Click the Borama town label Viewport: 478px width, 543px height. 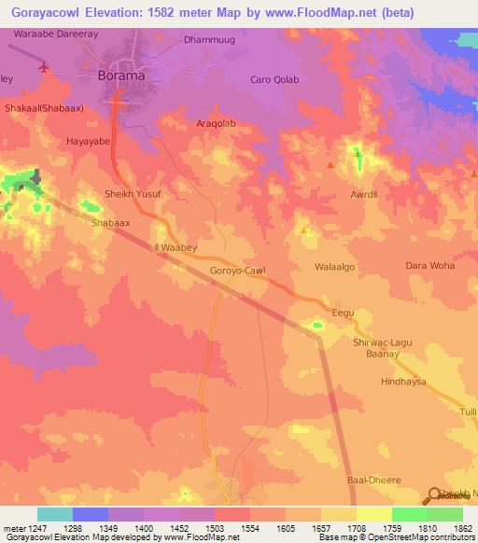tap(126, 77)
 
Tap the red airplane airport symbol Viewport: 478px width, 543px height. tap(45, 66)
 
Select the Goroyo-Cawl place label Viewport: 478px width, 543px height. tap(237, 271)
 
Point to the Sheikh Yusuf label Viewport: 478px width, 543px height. tap(134, 193)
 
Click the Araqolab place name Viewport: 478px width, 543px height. tap(233, 123)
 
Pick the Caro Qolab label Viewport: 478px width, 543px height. tap(274, 79)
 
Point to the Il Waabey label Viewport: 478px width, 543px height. tap(174, 247)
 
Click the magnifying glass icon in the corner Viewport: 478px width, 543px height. tap(436, 495)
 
